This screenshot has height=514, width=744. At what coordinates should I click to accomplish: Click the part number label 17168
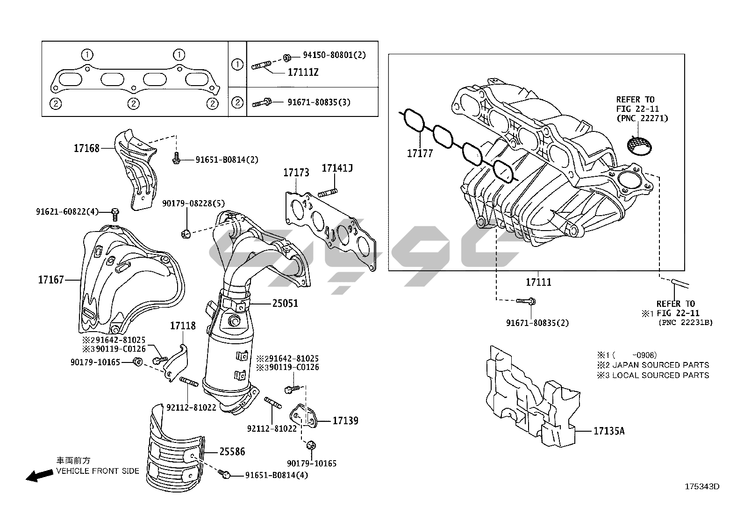click(x=86, y=148)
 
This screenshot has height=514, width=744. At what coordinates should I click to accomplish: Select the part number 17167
click(x=51, y=280)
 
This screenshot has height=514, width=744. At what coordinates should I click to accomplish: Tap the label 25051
click(x=285, y=303)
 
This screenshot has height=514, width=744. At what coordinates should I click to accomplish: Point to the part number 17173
click(x=296, y=173)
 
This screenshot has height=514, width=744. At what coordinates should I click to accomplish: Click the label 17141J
click(x=337, y=168)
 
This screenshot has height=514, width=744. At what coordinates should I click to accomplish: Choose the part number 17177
click(x=420, y=153)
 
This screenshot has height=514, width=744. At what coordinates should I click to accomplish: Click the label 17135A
click(x=609, y=431)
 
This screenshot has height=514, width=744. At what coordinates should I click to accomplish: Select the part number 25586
click(x=232, y=451)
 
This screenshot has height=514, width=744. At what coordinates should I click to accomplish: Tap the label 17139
click(x=345, y=420)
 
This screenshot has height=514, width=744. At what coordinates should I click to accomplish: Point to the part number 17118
click(x=183, y=325)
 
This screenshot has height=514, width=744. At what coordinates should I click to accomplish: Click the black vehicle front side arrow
click(x=39, y=476)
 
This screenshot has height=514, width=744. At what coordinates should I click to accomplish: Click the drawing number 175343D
click(x=702, y=486)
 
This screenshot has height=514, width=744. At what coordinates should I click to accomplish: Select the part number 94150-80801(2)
click(x=334, y=55)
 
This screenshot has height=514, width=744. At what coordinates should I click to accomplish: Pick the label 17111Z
click(x=303, y=72)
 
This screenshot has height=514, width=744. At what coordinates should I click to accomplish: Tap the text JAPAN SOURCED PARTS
click(x=660, y=365)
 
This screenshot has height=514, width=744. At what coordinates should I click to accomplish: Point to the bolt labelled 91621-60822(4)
click(x=115, y=215)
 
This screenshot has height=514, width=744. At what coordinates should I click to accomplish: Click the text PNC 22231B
click(x=686, y=322)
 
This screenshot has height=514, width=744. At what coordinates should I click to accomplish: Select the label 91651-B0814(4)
click(x=277, y=475)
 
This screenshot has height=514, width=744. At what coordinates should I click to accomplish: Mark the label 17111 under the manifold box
click(x=538, y=282)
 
